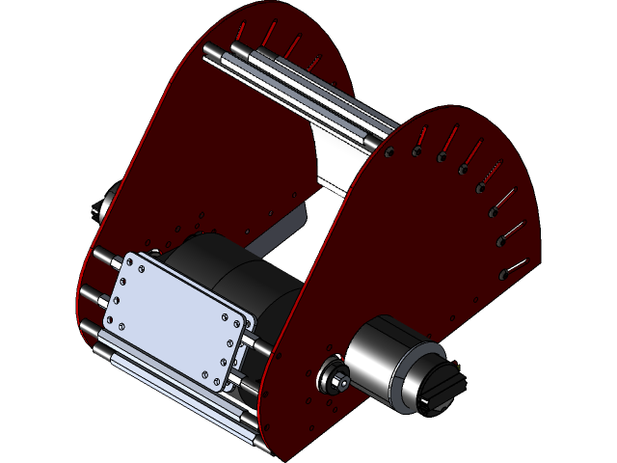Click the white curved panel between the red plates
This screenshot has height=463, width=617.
[333, 159]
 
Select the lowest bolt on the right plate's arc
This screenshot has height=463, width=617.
[503, 274]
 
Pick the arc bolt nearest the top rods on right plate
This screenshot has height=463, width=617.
[390, 151]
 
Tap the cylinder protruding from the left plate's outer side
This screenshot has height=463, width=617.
[103, 203]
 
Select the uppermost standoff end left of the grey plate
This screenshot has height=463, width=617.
[99, 255]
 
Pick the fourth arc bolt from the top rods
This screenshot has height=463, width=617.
[464, 171]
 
